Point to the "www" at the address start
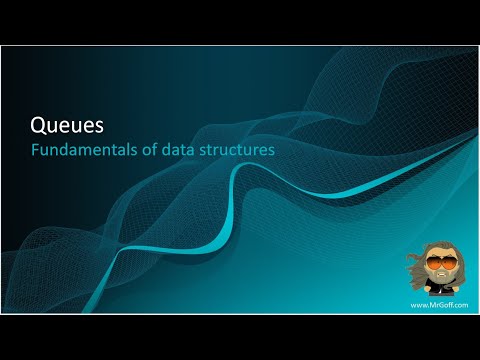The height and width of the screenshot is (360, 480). click(x=416, y=304)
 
